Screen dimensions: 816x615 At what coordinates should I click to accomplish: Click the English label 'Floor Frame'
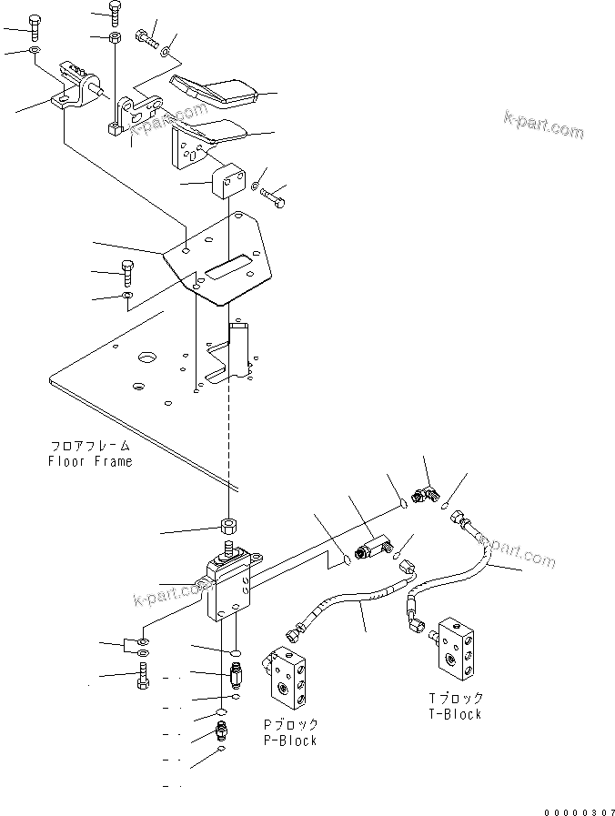tap(90, 461)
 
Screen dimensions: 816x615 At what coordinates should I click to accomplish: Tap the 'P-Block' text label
tap(290, 740)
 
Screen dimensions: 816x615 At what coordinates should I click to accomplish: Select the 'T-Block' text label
tap(455, 714)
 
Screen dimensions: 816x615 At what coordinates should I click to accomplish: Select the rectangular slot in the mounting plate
tap(228, 267)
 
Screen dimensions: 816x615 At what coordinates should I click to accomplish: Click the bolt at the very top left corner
tap(35, 25)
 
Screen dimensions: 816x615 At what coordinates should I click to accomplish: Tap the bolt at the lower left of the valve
tap(141, 678)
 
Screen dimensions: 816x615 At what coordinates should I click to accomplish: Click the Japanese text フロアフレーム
tap(90, 446)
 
